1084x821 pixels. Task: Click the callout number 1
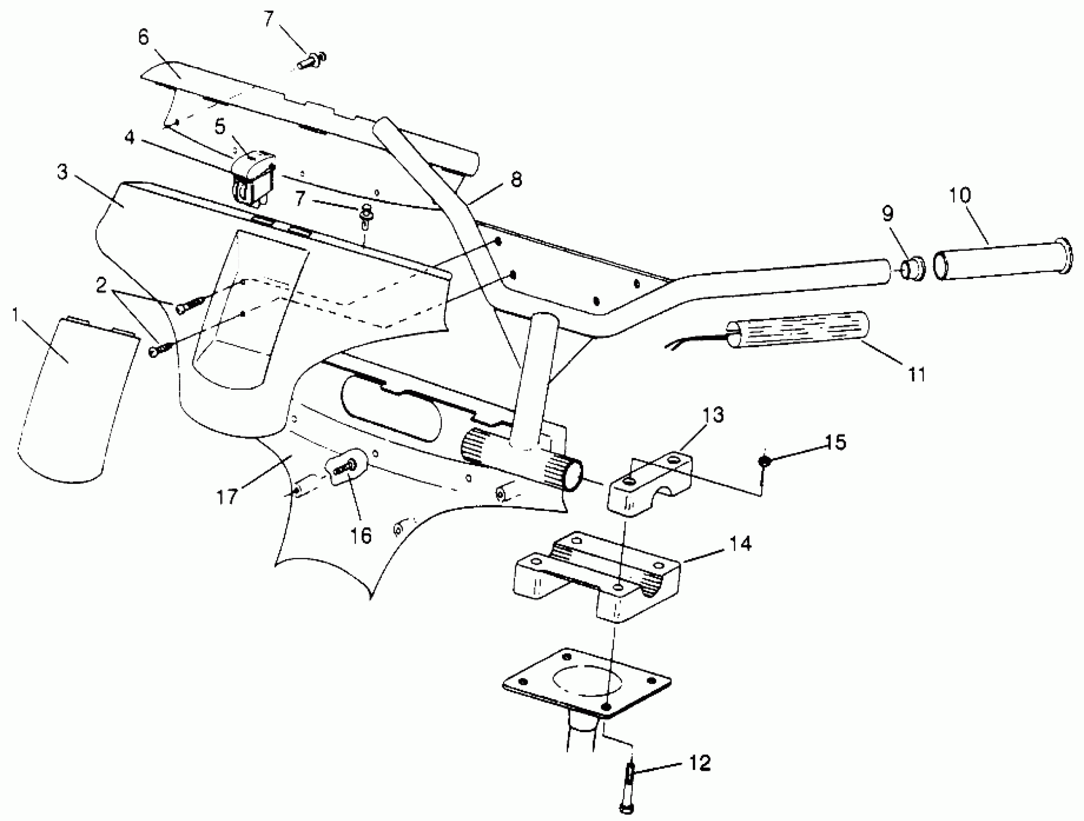(x=15, y=315)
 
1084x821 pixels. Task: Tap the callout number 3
(x=62, y=172)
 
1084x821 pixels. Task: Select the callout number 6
(x=143, y=38)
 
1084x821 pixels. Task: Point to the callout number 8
(x=516, y=180)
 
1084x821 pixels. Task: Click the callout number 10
(x=959, y=195)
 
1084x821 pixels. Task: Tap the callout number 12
(x=699, y=762)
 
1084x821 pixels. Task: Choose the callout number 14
(x=740, y=543)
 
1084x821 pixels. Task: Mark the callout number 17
(x=227, y=497)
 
